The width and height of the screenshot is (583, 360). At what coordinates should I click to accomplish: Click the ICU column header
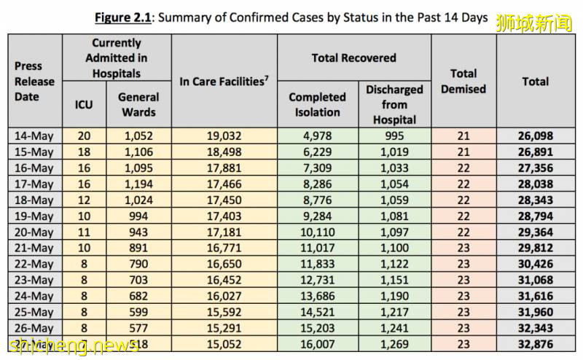pos(84,104)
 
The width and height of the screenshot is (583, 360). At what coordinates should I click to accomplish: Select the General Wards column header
pos(138,104)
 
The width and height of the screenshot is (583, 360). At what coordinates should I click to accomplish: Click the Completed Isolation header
pos(317,104)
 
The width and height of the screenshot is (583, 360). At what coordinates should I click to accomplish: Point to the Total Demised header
pos(463,81)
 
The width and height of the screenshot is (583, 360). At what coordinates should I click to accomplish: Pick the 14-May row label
pos(35,136)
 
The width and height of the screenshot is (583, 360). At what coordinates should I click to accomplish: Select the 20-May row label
pos(35,232)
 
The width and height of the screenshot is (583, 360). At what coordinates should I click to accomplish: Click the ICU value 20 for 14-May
pos(84,136)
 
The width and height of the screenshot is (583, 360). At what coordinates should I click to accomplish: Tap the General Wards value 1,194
pos(138,184)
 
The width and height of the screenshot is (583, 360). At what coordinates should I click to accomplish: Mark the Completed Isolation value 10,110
pos(317,232)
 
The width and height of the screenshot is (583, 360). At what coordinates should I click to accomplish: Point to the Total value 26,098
pos(535,136)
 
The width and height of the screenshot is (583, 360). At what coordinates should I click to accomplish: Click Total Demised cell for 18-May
pos(463,200)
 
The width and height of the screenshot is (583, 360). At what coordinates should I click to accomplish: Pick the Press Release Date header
pos(34,81)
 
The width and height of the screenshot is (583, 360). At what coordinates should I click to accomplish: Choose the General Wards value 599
pos(138,312)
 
